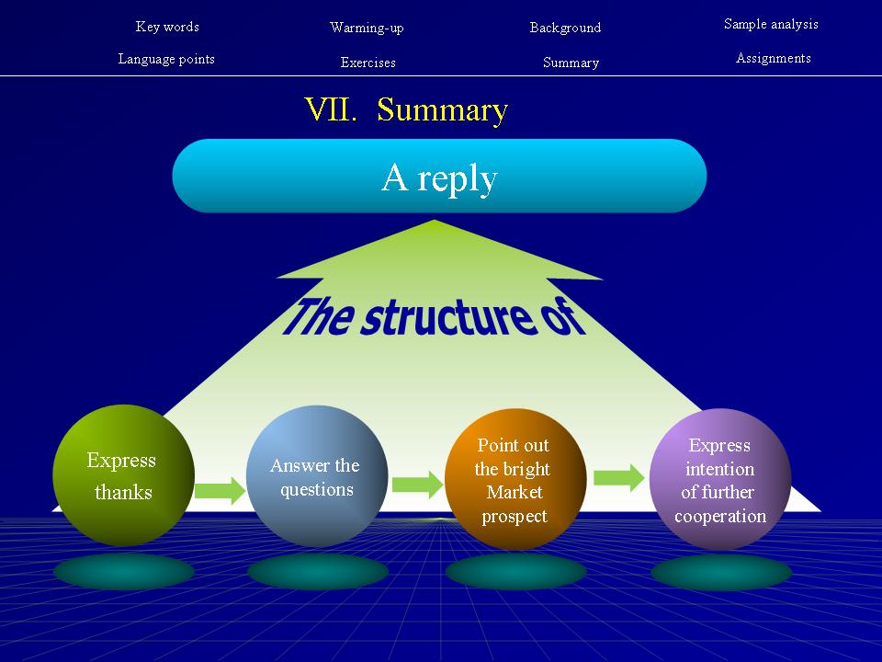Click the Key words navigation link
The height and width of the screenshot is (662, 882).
pyautogui.click(x=167, y=27)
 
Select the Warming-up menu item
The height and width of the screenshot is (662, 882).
pyautogui.click(x=367, y=28)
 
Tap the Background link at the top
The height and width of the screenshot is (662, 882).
pyautogui.click(x=565, y=28)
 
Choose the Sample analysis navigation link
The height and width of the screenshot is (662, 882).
pyautogui.click(x=771, y=24)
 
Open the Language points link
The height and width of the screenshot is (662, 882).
pyautogui.click(x=166, y=59)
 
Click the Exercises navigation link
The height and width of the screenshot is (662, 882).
pyautogui.click(x=367, y=63)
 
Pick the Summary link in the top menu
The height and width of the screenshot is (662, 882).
pyautogui.click(x=571, y=63)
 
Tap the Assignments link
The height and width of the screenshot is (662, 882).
pyautogui.click(x=773, y=58)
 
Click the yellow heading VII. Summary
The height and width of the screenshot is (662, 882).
pyautogui.click(x=406, y=110)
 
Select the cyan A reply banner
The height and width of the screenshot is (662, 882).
pyautogui.click(x=439, y=177)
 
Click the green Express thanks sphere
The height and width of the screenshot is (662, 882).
pyautogui.click(x=123, y=475)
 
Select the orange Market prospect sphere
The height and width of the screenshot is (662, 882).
pyautogui.click(x=514, y=480)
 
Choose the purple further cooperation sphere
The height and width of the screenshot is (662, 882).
pyautogui.click(x=719, y=480)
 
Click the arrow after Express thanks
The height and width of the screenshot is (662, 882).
pyautogui.click(x=220, y=489)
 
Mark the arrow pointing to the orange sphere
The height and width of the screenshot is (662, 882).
pyautogui.click(x=417, y=484)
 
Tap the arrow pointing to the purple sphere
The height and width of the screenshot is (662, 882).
pyautogui.click(x=618, y=476)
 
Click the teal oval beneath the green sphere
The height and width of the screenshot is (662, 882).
pyautogui.click(x=124, y=572)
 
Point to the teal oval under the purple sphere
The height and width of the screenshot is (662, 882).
pyautogui.click(x=720, y=572)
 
